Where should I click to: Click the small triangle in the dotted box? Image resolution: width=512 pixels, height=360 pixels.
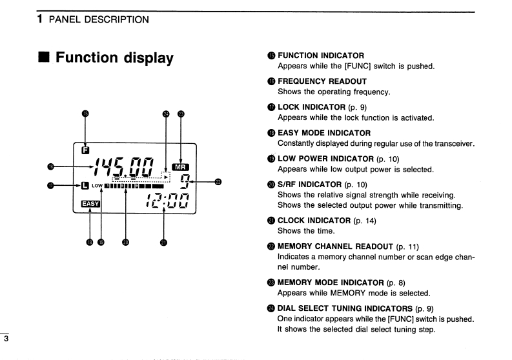coord(165,175)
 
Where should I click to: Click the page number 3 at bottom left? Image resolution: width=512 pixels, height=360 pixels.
coord(4,336)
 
